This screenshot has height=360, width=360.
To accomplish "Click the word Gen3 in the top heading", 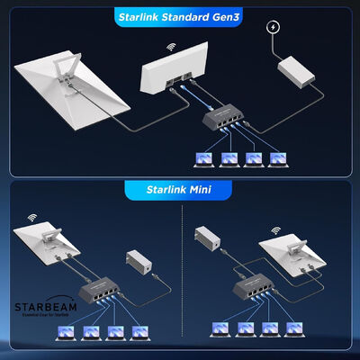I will coord(221,17).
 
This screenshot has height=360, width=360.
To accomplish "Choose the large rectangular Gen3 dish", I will coord(67,100).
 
